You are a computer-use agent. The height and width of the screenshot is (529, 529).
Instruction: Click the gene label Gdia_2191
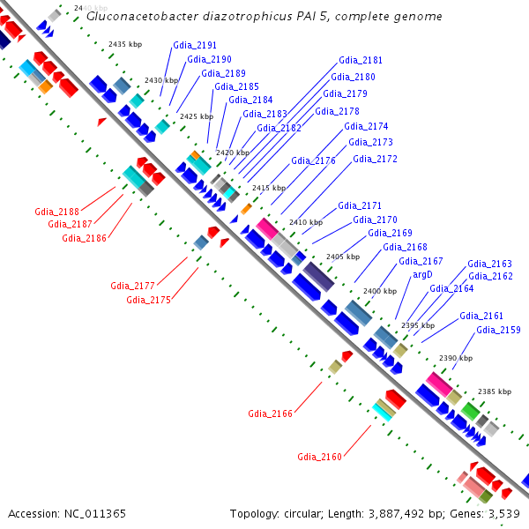(x=195, y=45)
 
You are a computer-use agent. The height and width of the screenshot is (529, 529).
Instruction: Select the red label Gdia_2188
(x=56, y=212)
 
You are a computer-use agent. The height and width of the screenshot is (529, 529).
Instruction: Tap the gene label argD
(x=423, y=275)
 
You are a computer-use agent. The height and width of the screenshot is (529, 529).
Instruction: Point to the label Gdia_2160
(x=319, y=457)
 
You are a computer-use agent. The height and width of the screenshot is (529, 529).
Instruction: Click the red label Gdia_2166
(x=270, y=414)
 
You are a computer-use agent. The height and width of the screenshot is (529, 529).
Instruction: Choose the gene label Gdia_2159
(x=498, y=331)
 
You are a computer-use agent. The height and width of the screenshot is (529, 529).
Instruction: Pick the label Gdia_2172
(x=375, y=160)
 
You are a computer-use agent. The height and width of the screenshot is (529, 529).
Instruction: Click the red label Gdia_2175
(x=148, y=300)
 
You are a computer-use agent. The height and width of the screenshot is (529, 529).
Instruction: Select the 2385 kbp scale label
(x=494, y=391)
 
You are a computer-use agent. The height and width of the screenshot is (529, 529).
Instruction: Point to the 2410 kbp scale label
(x=306, y=222)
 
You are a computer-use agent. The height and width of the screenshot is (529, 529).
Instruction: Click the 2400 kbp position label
(x=379, y=291)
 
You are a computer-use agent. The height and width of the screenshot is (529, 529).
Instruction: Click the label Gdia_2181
(x=361, y=61)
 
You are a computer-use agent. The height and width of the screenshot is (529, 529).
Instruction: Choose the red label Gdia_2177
(x=132, y=286)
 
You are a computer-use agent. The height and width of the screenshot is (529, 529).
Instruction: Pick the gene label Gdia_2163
(x=489, y=264)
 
